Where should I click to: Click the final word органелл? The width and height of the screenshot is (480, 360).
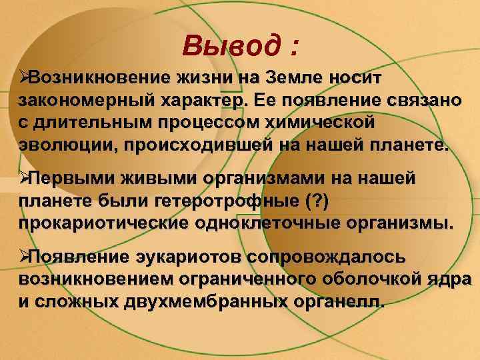pos(337,302)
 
